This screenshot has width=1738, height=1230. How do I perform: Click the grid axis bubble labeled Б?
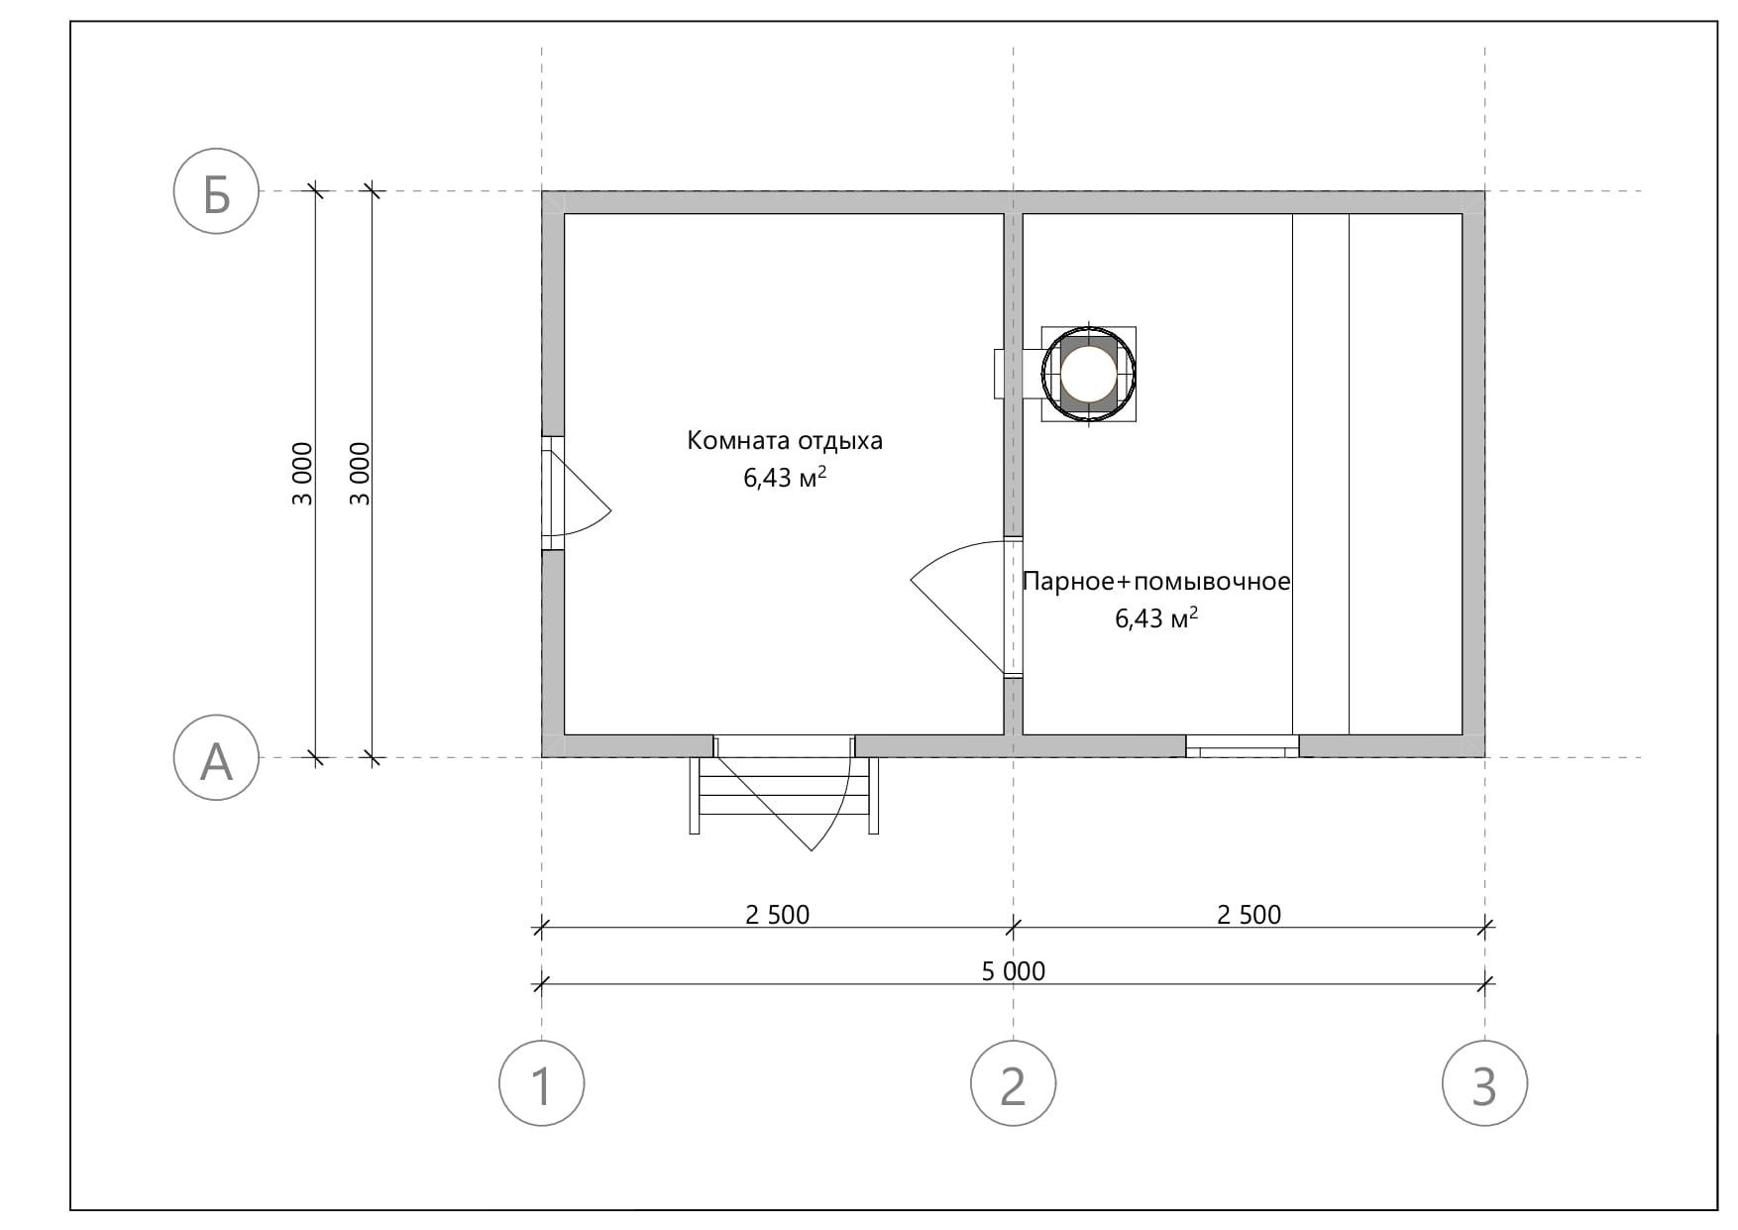pos(216,191)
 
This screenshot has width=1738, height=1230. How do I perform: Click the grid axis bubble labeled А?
pos(216,758)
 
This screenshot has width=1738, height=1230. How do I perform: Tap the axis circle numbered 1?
pos(541,1083)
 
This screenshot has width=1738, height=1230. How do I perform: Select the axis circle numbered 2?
pos(1013,1083)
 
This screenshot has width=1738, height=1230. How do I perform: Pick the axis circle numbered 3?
pos(1484,1083)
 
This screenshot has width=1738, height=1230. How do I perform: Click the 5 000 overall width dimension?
pos(1013,971)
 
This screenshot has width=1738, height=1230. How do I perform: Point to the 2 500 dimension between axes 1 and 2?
pos(777,915)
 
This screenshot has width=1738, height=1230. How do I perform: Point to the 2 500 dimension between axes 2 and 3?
pos(1249,915)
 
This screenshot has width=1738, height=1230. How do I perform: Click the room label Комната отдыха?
pos(785,441)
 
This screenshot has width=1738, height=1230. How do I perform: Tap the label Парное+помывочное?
pos(1156,581)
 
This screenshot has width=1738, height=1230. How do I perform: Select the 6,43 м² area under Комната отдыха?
pos(785,478)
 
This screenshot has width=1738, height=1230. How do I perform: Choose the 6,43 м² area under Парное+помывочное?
pos(1156,618)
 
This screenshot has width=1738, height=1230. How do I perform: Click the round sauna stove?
pos(1088,375)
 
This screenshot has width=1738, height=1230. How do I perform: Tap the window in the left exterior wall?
pos(552,493)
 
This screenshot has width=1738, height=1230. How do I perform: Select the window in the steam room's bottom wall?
pos(1243,746)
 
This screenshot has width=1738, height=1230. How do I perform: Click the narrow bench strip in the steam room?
pos(1321,474)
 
